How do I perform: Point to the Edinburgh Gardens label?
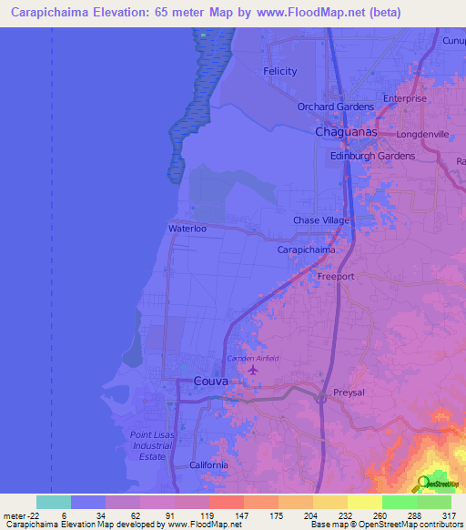coord(372,156)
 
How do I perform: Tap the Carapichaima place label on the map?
coord(306,250)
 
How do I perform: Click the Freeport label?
coord(335,275)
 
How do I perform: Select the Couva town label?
coord(210,382)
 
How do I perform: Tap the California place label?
coord(208,465)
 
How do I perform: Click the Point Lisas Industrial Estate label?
coord(151,444)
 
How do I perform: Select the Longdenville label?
coord(417,134)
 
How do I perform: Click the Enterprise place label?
coord(404,98)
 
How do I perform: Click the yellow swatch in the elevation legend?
coord(364,502)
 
